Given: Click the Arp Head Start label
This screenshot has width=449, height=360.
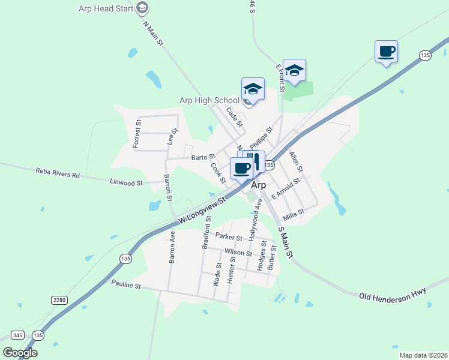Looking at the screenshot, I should (106, 8).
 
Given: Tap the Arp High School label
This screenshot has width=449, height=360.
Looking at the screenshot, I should (209, 100).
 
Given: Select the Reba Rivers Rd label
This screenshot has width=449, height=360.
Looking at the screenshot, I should (58, 175).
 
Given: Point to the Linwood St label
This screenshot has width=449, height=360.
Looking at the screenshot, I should (126, 182).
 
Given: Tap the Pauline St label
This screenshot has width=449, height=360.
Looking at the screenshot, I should (125, 286).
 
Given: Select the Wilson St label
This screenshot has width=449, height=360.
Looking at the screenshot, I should (238, 253).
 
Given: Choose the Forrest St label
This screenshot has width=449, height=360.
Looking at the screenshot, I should (137, 133).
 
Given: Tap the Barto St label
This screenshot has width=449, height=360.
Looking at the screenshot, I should (203, 158).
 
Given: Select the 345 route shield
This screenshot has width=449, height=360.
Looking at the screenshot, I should (18, 334).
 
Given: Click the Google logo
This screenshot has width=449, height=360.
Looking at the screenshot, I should (20, 353).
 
